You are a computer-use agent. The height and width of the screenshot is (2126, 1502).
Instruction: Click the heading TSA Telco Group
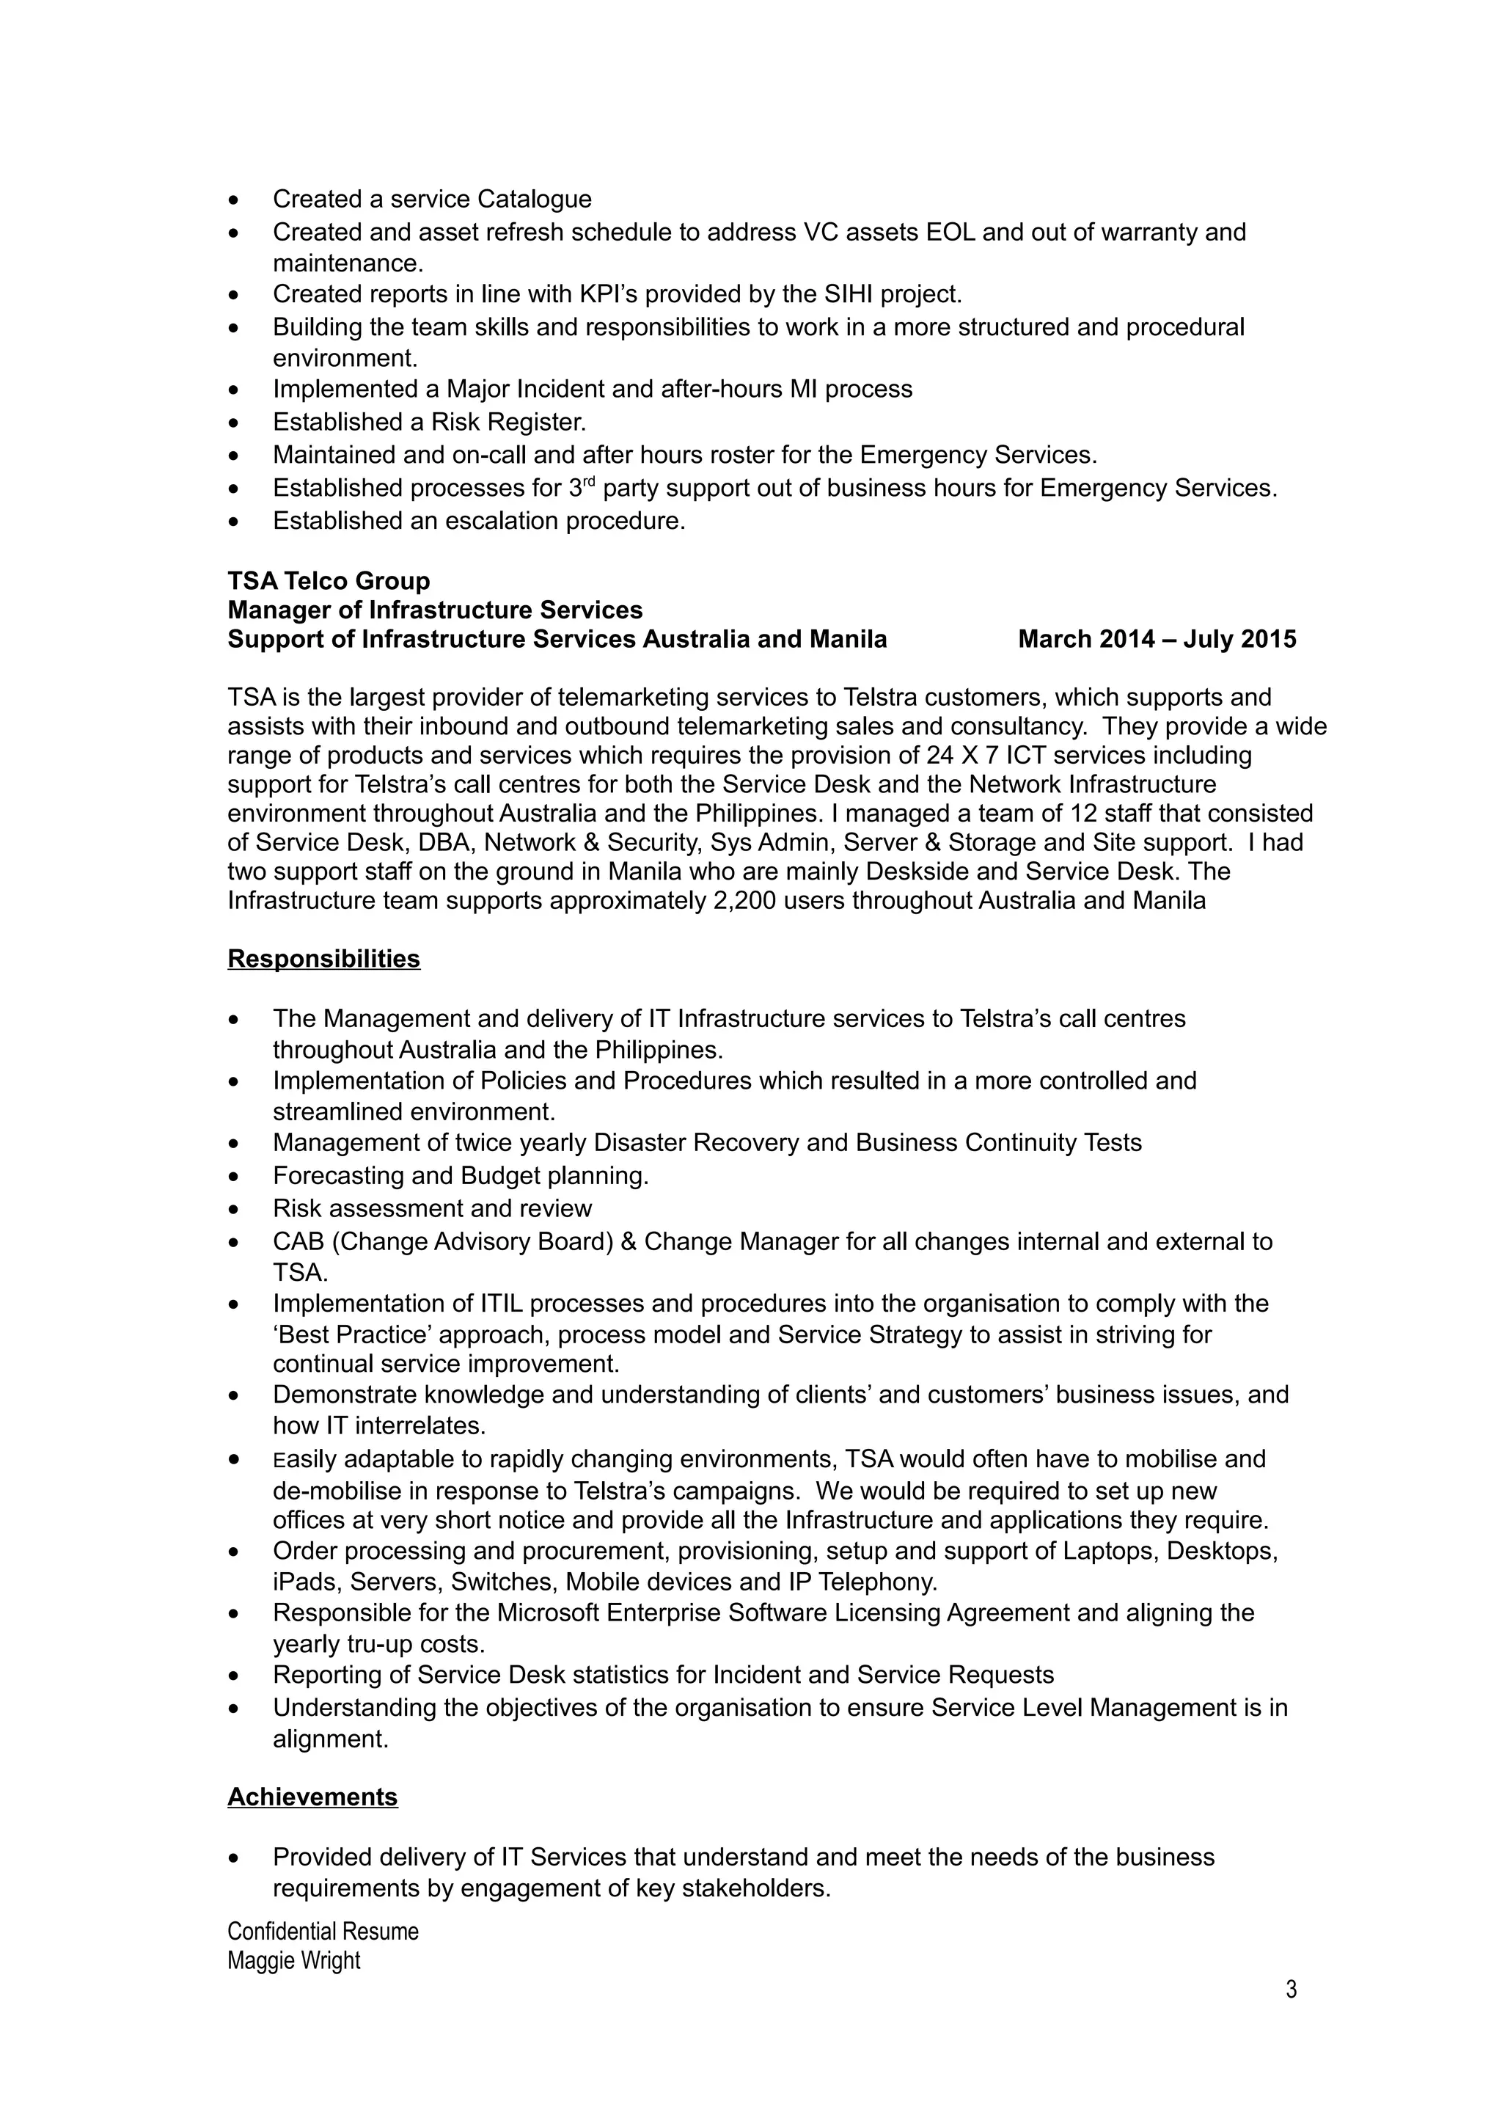click(329, 580)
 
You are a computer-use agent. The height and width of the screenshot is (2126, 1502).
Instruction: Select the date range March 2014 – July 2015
click(1156, 639)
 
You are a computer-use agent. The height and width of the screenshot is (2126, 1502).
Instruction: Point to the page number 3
click(1291, 1989)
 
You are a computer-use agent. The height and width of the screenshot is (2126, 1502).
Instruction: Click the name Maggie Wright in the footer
click(293, 1960)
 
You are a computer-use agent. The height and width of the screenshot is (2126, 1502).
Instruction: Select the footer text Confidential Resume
click(322, 1931)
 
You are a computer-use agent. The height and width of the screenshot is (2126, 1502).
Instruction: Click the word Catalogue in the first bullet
click(534, 199)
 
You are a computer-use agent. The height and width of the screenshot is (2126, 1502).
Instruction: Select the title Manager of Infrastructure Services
click(434, 610)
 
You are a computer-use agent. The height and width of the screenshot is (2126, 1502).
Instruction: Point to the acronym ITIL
click(502, 1303)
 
